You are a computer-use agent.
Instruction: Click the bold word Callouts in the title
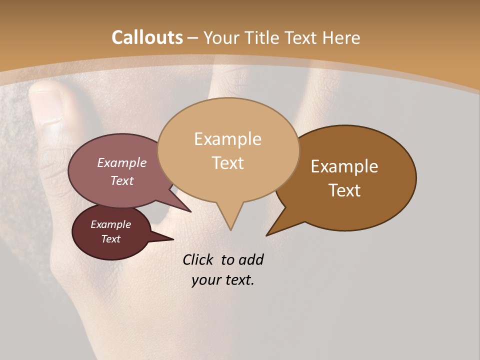[147, 37]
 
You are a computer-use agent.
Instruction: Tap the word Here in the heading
[340, 37]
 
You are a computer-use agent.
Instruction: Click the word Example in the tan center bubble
[227, 139]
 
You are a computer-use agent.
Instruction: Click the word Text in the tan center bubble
[227, 163]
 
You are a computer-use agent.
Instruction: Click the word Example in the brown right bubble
[344, 166]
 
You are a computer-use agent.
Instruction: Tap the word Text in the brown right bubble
[344, 190]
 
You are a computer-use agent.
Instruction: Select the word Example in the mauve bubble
[121, 163]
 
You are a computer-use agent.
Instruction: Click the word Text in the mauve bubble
[121, 180]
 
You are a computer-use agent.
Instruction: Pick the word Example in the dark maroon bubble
[110, 224]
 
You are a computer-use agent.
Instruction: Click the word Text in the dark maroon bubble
[110, 239]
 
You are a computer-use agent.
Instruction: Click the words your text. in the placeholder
[223, 280]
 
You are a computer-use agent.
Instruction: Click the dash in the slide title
[193, 38]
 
